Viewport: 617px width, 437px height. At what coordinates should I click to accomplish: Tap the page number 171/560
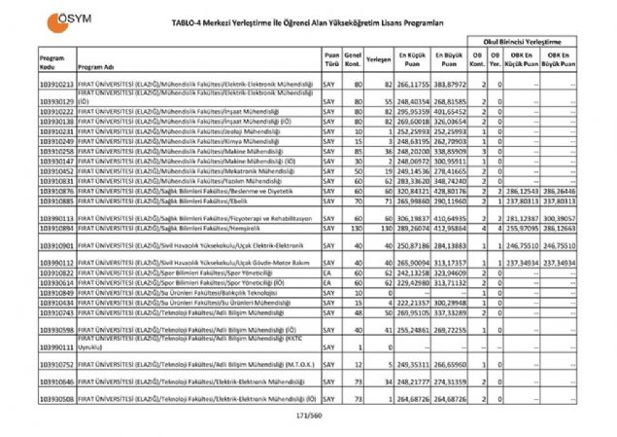pos(308,416)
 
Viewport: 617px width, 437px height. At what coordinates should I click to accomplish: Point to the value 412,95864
pos(450,228)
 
